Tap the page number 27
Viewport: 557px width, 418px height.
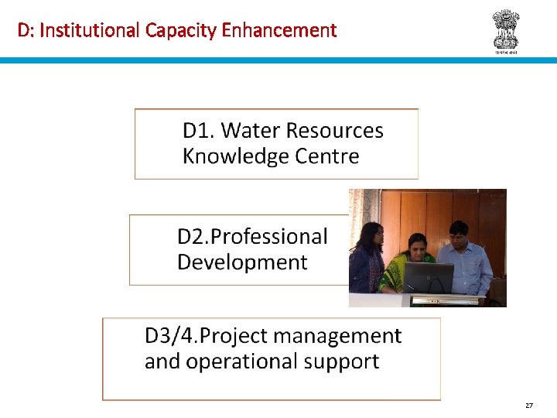click(x=529, y=405)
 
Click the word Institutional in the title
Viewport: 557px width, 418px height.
click(x=87, y=30)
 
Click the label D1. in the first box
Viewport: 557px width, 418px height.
click(x=198, y=130)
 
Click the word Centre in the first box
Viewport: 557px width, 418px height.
click(x=327, y=156)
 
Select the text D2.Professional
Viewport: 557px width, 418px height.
click(x=252, y=237)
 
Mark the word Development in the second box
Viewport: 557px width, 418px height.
click(x=242, y=262)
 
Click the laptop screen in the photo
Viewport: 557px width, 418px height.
click(x=429, y=276)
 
